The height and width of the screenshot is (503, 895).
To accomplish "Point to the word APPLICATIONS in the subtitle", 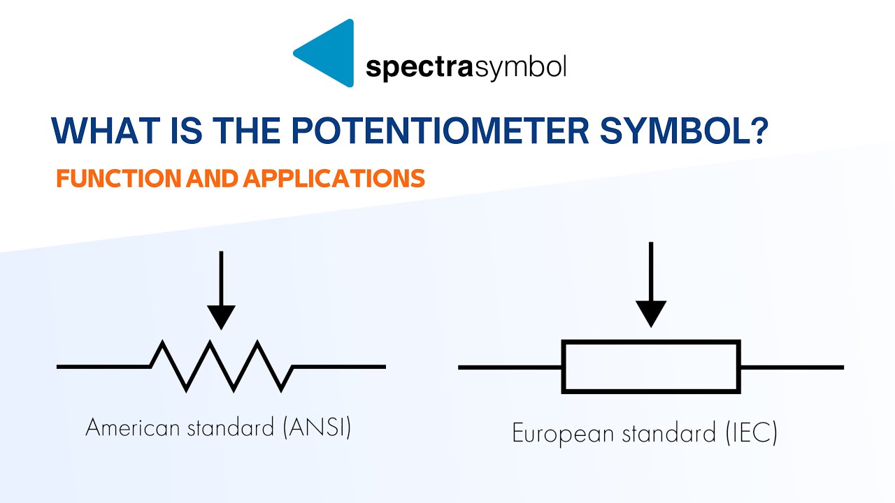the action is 334,179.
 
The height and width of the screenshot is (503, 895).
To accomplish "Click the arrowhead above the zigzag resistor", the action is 222,316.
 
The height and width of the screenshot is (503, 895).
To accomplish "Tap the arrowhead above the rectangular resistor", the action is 651,314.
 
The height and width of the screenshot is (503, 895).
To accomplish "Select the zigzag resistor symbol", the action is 222,365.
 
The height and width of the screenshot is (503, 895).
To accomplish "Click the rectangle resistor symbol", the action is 651,367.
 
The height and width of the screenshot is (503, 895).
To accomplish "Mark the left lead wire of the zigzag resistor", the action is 103,366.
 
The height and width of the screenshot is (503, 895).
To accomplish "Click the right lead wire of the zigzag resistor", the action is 339,366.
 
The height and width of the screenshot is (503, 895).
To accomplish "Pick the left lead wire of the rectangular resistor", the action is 510,367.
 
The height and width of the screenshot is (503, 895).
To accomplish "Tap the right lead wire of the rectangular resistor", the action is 792,367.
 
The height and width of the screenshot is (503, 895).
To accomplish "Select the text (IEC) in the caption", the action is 747,433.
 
